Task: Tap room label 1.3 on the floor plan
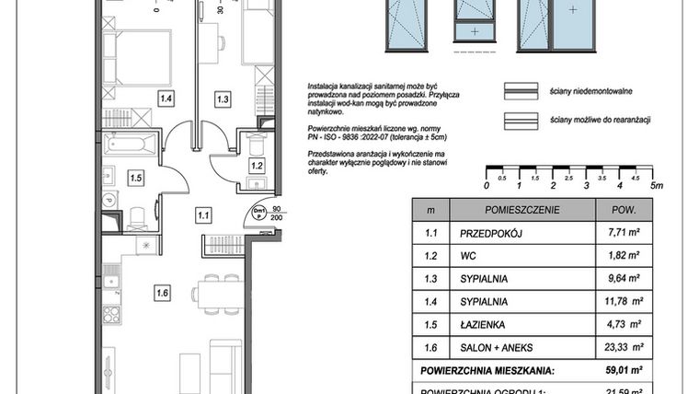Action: pos(222,98)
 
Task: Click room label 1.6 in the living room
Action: pos(163,295)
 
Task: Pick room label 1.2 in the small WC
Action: pos(257,166)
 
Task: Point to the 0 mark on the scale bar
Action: pos(485,185)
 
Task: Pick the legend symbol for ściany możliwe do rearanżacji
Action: pos(520,120)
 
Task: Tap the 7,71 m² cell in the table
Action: pos(625,235)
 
